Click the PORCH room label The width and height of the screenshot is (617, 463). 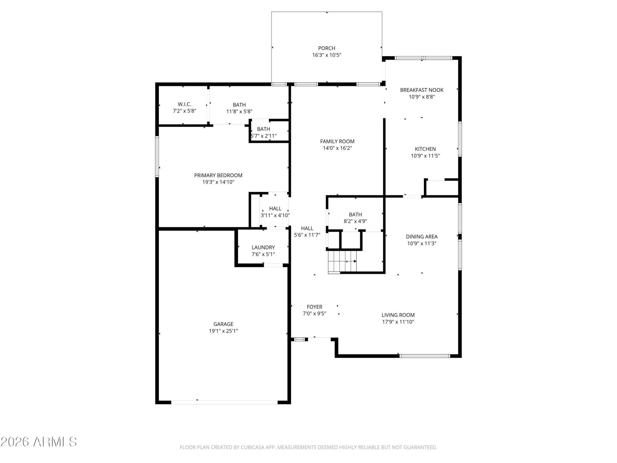coord(326,48)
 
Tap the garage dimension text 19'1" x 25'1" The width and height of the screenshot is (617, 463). coord(223,331)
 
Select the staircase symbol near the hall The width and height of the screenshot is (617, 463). coord(342,262)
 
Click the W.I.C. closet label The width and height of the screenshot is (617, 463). coord(184,104)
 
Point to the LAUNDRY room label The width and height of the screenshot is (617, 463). coord(263,247)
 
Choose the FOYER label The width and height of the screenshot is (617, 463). coord(314,307)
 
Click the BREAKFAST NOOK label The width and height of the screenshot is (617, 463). coord(422,90)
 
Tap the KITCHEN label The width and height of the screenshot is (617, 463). coord(425,149)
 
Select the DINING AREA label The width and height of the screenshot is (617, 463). coord(422,237)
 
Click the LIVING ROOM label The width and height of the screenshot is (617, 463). coord(398,315)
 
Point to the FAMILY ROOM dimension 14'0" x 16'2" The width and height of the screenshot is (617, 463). coord(337,148)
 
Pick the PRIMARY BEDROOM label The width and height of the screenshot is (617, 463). coord(218,175)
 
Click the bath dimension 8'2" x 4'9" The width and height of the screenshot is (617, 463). coord(355,221)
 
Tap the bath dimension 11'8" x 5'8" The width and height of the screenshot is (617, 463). coord(239,112)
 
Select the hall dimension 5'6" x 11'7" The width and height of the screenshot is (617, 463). coord(307,235)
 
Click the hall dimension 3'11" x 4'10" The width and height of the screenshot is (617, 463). coord(275,215)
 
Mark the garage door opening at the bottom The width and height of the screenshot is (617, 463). coord(224,402)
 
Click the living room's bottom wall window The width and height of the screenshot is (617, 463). coord(425,356)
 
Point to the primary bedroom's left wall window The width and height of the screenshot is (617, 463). coord(157,157)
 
